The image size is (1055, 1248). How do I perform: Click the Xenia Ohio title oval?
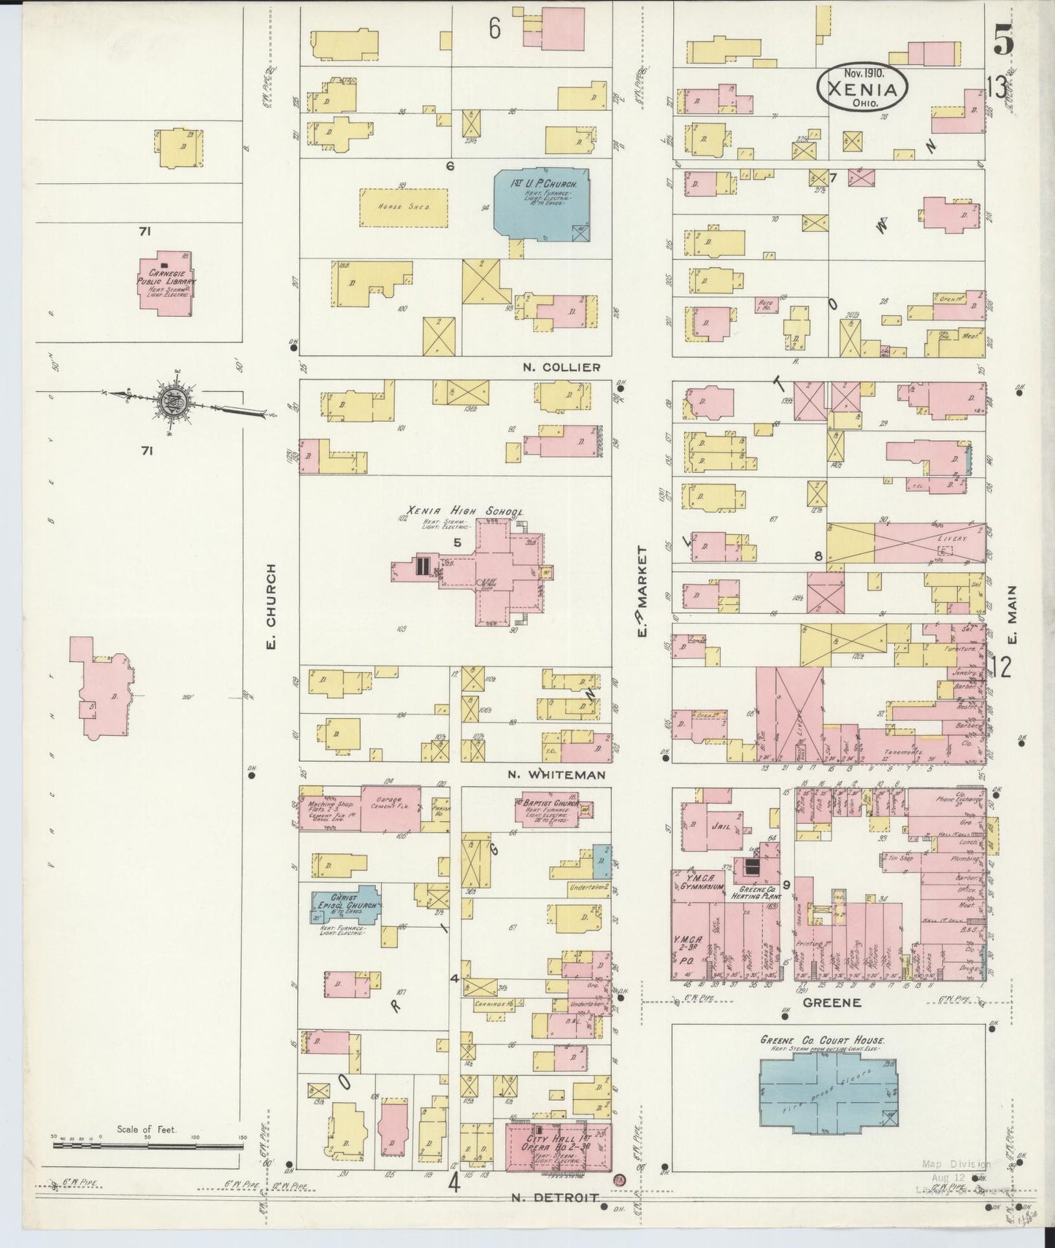pos(862,87)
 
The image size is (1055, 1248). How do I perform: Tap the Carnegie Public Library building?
pos(166,285)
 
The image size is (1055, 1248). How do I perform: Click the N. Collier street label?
pos(561,367)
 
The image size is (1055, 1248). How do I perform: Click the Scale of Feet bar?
pos(147,1166)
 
